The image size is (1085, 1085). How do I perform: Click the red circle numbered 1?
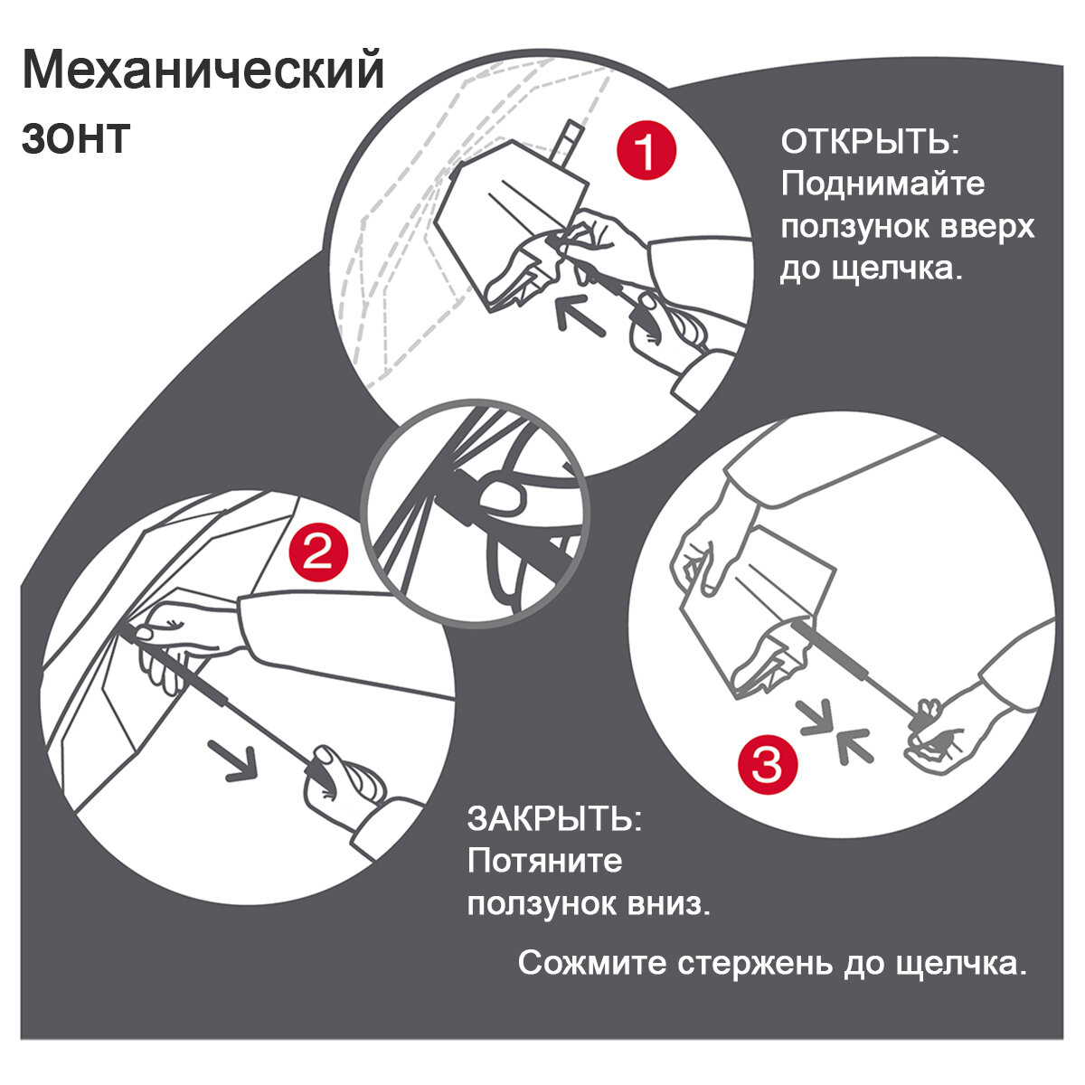coord(646,151)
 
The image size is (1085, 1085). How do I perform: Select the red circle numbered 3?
coord(768,765)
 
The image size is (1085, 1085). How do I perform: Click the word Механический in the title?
coord(203,70)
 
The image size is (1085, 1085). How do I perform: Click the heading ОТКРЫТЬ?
coord(869,142)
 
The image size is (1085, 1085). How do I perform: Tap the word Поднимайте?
coord(882,184)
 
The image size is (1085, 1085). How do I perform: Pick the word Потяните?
coord(544,861)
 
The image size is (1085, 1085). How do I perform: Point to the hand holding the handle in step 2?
coord(341,776)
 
